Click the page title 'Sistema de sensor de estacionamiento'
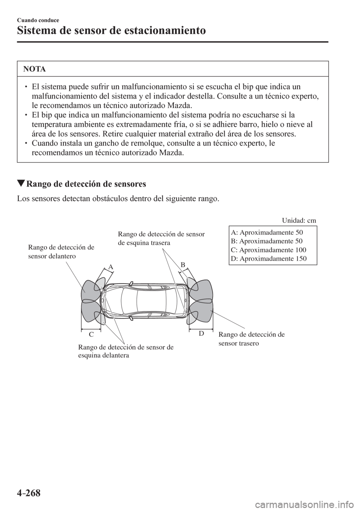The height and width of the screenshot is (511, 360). [111, 30]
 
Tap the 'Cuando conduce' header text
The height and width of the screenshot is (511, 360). [38, 20]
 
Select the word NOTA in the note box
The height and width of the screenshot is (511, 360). [34, 69]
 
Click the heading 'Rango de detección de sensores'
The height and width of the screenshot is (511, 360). [86, 184]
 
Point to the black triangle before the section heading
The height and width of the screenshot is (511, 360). [21, 183]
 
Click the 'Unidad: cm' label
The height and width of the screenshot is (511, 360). [299, 221]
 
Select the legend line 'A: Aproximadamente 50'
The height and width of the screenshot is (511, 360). [267, 233]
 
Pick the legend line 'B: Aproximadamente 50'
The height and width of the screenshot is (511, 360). [267, 241]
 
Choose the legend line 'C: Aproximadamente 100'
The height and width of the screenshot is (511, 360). [268, 250]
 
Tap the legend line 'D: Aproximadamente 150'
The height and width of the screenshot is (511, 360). [269, 259]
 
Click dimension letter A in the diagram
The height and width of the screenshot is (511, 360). [111, 267]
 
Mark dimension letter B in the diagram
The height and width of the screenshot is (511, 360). [183, 265]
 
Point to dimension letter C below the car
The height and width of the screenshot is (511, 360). [91, 335]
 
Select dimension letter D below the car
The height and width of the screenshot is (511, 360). [201, 334]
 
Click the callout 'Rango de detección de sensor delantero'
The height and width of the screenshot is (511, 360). [61, 252]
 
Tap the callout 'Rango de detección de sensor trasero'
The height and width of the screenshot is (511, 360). [252, 339]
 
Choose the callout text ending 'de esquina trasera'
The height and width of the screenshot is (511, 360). [161, 238]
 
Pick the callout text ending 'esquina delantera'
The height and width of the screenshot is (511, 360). [126, 351]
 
